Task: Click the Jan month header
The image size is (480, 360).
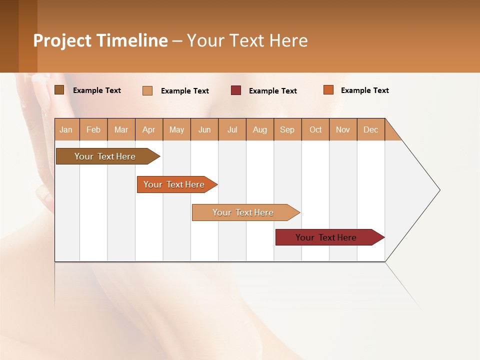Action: point(66,129)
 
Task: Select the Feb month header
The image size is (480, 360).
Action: point(93,129)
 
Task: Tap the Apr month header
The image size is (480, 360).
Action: point(149,129)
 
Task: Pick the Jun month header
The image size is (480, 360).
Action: point(204,129)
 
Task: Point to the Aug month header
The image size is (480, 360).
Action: point(260,129)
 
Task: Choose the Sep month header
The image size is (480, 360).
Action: point(287,129)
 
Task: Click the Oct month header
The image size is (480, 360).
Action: point(315,129)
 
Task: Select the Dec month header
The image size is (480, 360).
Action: point(371,129)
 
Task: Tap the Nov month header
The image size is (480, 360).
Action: point(343,129)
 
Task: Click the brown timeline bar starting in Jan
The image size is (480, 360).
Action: point(105,156)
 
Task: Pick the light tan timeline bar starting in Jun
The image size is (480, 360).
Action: point(243,212)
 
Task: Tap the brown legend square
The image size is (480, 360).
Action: point(59,90)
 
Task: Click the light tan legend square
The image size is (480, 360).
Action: point(147,90)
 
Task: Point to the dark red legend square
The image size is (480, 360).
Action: point(236,90)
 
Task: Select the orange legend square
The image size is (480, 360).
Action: point(328,90)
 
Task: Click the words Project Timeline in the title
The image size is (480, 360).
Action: point(100,40)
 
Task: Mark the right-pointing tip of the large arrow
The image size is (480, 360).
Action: point(439,190)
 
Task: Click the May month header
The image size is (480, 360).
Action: point(176,129)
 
